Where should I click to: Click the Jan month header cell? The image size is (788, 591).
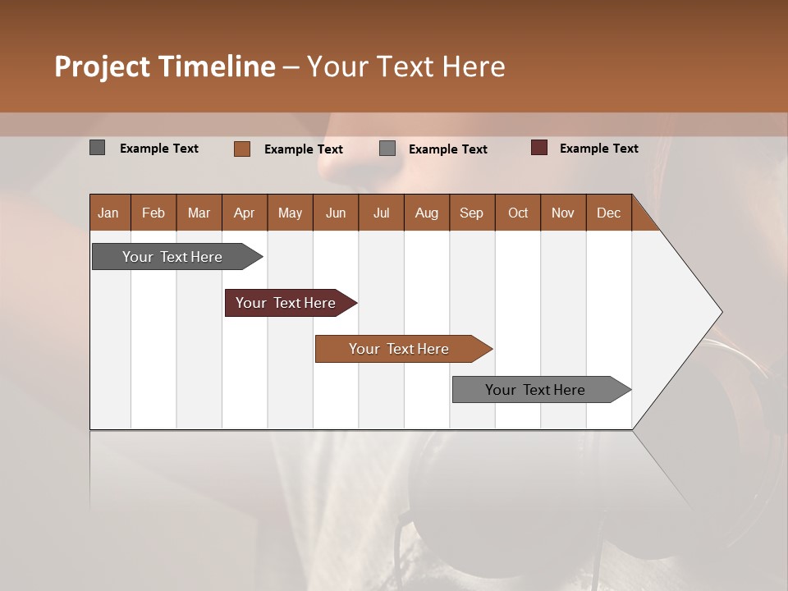(x=109, y=213)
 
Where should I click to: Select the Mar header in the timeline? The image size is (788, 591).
(x=199, y=213)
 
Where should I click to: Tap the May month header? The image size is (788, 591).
(x=290, y=213)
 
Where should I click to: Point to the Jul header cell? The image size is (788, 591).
(x=381, y=213)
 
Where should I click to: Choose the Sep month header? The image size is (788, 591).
(x=471, y=213)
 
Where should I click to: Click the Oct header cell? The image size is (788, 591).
(x=518, y=213)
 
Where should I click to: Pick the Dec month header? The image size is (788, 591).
(x=608, y=213)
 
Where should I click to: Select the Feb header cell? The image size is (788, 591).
(x=153, y=213)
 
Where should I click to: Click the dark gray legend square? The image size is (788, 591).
(x=97, y=148)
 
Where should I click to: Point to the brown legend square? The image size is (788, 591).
(x=242, y=149)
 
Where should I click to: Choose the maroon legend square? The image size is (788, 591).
(x=539, y=148)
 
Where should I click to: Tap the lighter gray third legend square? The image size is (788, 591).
(x=387, y=149)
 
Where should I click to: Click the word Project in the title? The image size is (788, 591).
(x=103, y=66)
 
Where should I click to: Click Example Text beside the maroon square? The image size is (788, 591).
(x=598, y=149)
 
